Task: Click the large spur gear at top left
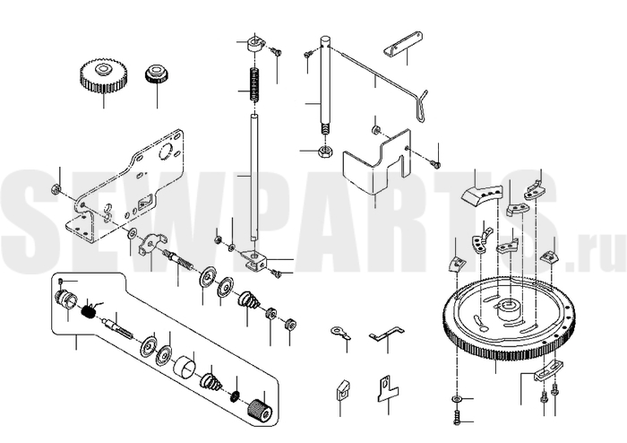tap(104, 75)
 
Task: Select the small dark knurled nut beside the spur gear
tap(157, 74)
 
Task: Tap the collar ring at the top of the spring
tap(254, 42)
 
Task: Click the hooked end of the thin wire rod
tap(421, 106)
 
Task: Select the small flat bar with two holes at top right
tap(403, 43)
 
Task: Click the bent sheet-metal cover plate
tap(377, 163)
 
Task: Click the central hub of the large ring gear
tap(506, 309)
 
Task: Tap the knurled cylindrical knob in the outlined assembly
tap(260, 410)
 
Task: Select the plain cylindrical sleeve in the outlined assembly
tap(185, 365)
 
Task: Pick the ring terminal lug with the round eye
tap(339, 333)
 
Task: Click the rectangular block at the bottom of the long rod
tap(254, 259)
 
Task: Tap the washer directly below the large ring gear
tap(457, 398)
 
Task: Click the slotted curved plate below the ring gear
tap(548, 369)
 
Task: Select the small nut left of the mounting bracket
tap(56, 188)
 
